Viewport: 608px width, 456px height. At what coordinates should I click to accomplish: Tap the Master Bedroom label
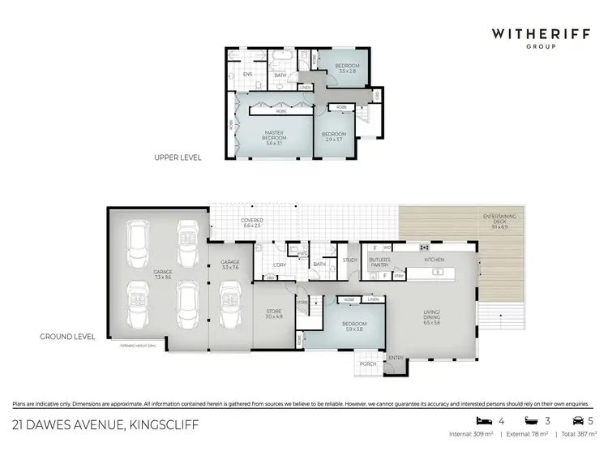coord(274,138)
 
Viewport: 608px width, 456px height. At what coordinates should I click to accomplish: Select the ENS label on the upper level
coord(247,74)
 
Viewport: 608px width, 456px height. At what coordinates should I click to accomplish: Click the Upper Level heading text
coord(178,157)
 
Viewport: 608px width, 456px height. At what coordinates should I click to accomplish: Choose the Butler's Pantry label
coord(380,262)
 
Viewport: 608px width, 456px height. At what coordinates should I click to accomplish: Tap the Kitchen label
coord(435,260)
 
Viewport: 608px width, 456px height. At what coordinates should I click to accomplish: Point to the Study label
coord(350,260)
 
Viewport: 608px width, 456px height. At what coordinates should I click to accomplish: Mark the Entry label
coord(396,358)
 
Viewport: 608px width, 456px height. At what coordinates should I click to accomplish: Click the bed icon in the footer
coord(485,420)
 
